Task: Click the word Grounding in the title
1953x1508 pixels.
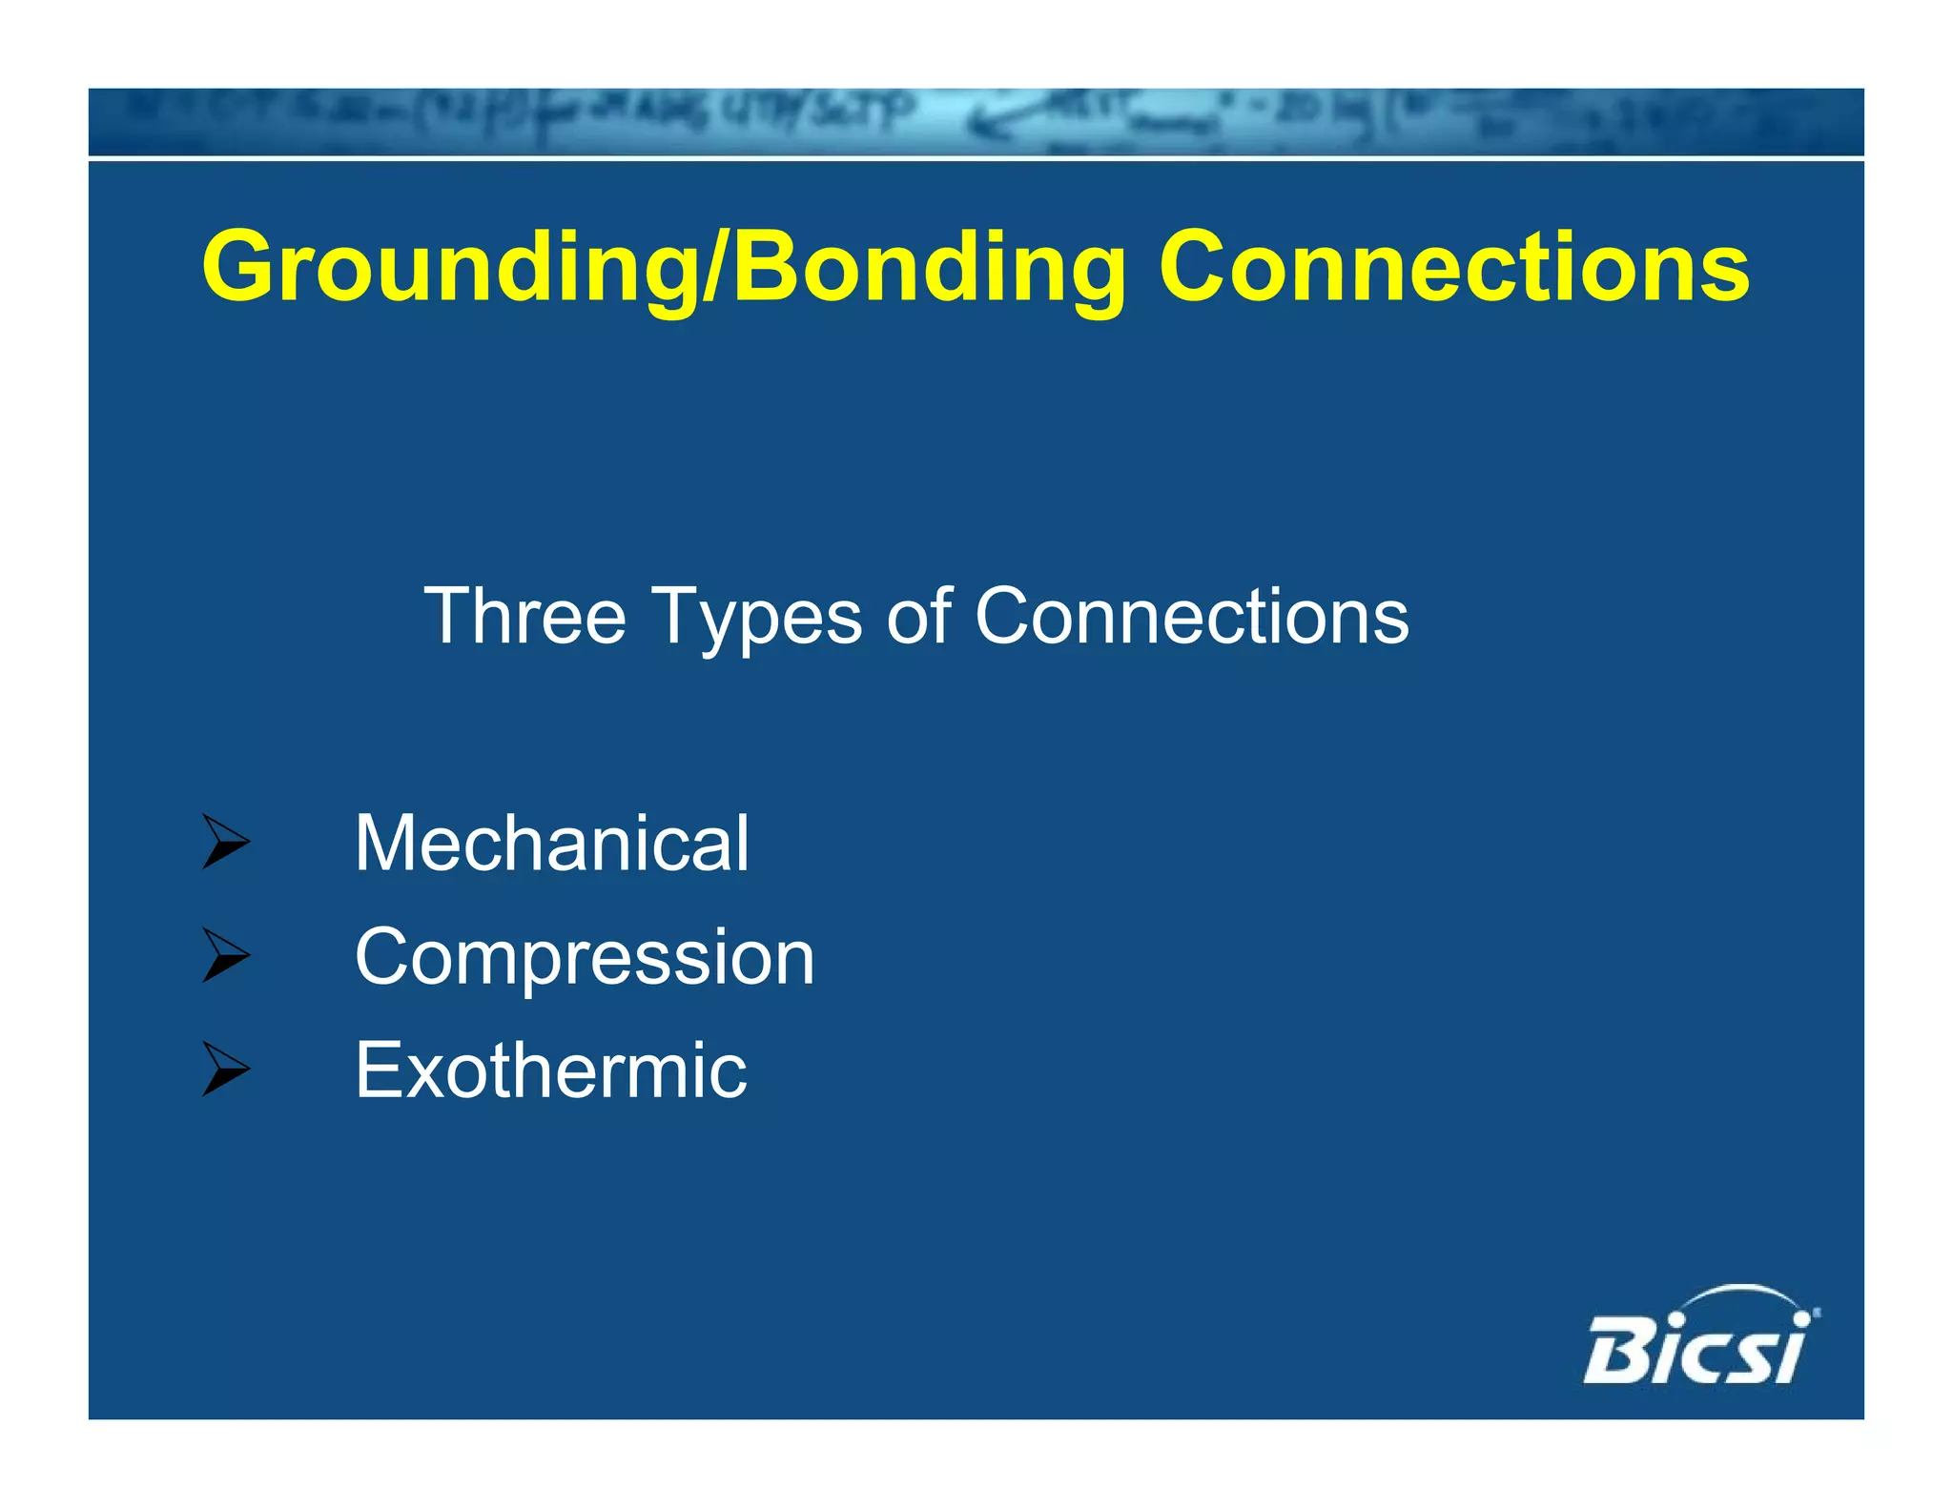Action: [x=448, y=269]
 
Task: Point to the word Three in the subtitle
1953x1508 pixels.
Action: [x=524, y=617]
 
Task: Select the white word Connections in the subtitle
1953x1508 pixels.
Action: [x=1191, y=617]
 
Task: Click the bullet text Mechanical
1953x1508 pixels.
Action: [x=551, y=843]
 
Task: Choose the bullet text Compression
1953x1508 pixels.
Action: [x=584, y=958]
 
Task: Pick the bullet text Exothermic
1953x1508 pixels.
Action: [x=550, y=1070]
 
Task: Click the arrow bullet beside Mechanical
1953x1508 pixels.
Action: [x=226, y=842]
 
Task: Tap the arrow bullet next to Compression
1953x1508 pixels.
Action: [x=226, y=955]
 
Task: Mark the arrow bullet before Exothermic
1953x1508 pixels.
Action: [x=226, y=1069]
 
